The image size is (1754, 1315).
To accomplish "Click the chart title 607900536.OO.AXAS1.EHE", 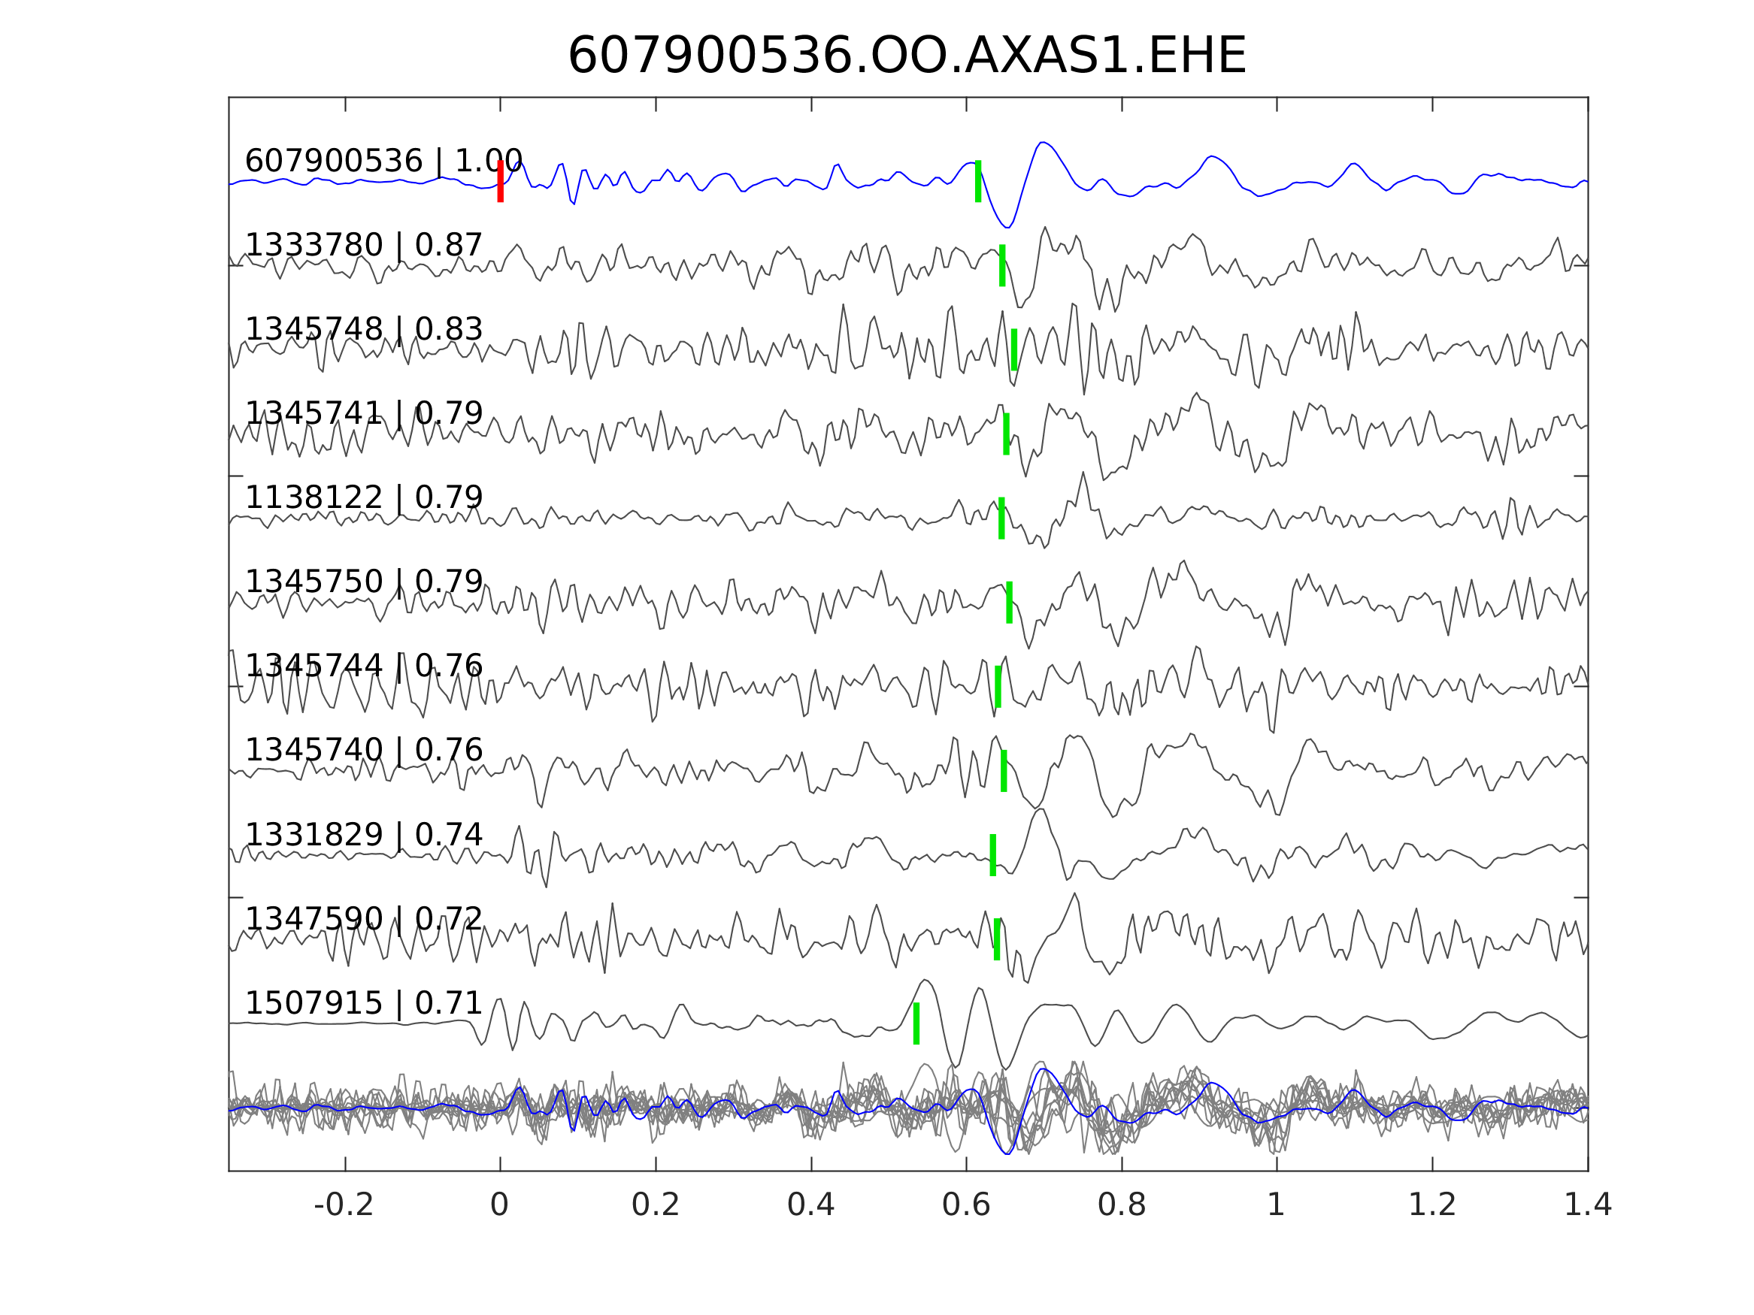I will pos(907,57).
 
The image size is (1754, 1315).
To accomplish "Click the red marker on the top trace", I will pos(501,182).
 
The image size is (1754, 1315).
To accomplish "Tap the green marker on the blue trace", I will pos(977,182).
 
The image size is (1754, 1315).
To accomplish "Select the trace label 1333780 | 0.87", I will pos(363,246).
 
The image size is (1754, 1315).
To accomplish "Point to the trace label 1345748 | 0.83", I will pos(363,329).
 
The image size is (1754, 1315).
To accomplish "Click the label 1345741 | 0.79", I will pos(363,414).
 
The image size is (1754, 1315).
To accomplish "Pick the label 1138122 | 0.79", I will pos(363,497).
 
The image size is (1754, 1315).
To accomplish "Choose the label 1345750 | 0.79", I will pos(363,582).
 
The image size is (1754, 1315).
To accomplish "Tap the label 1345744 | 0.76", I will pos(363,666).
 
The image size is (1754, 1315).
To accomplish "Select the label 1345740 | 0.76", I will pos(363,750).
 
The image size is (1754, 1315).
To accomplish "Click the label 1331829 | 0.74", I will pos(363,835).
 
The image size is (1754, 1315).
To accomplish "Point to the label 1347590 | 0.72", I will pos(363,919).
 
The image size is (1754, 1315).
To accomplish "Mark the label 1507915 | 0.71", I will pos(363,1003).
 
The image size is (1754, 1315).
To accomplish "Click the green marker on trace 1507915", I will pos(916,1023).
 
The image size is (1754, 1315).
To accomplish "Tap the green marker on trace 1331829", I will pos(992,855).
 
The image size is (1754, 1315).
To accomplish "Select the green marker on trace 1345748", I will pos(1014,349).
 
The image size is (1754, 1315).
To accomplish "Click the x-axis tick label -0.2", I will pos(344,1205).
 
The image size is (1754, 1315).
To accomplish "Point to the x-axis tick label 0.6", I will pos(966,1205).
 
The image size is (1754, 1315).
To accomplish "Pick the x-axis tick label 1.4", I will pos(1588,1205).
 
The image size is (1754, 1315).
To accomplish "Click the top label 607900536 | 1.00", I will pos(383,161).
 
